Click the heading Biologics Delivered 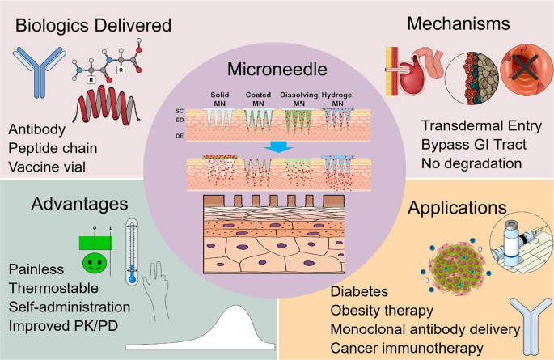pos(93,25)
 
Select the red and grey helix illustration pos(106,105)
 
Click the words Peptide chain pos(53,148)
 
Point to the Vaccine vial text pos(47,167)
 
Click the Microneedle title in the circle pos(277,69)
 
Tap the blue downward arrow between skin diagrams pos(278,147)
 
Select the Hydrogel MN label pos(337,99)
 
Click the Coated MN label pos(258,99)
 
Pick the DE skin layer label pos(180,136)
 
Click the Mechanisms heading pos(459,23)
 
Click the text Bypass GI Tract pos(474,145)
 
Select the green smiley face pos(95,263)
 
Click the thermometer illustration pos(132,252)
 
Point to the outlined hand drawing pos(156,290)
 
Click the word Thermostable pos(53,288)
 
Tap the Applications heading pos(457,208)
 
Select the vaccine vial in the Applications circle pos(511,244)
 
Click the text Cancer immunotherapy pos(407,348)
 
